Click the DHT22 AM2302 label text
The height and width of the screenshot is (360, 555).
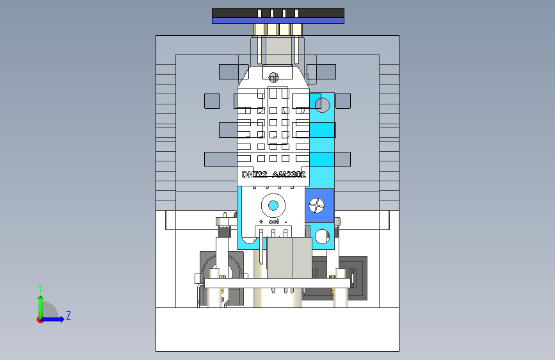point(273,174)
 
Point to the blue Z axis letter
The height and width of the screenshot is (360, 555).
point(68,315)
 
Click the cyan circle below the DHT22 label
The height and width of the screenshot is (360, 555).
point(273,205)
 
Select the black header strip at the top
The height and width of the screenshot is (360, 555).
point(278,13)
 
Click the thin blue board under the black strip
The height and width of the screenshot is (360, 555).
point(278,20)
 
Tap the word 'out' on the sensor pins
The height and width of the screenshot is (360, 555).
point(273,222)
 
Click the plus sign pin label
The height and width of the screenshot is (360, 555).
point(261,222)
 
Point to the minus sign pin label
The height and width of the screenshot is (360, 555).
point(286,222)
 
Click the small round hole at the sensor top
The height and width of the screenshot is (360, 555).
point(273,78)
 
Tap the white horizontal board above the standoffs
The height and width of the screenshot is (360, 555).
point(277,282)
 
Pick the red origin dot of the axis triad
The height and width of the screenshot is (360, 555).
point(40,319)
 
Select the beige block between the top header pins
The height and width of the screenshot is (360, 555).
point(278,48)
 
